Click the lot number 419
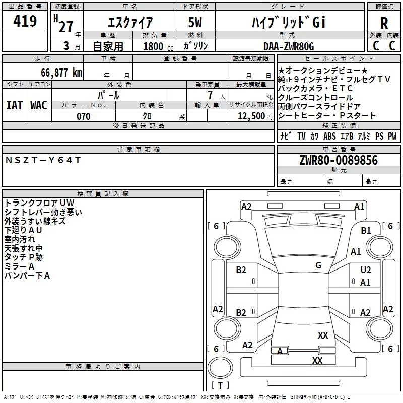point(25,21)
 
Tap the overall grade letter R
point(384,23)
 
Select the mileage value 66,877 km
point(61,72)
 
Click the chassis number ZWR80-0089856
point(339,160)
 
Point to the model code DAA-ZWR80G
point(289,46)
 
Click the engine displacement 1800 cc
point(158,46)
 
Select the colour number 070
point(84,116)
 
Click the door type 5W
point(195,22)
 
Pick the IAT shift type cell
point(15,105)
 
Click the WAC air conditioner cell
point(39,105)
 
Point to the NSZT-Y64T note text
point(43,160)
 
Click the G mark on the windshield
point(318,265)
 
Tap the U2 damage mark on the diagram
point(366,270)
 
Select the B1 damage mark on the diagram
point(366,231)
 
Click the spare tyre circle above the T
point(220,368)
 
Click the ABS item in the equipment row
point(329,136)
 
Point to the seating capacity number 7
point(210,95)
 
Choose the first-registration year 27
point(66,27)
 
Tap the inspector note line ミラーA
point(19,266)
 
